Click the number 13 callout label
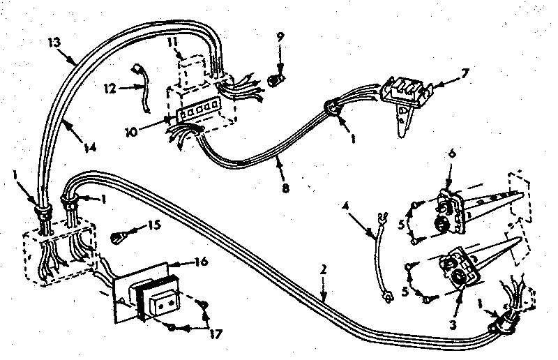click(52, 41)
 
